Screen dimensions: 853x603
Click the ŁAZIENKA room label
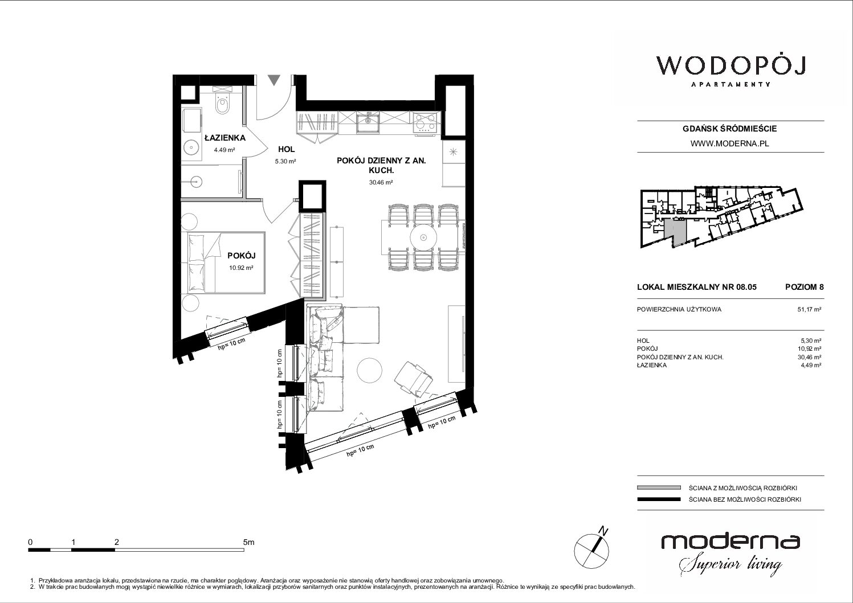coord(225,138)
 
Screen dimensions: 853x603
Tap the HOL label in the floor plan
coord(286,150)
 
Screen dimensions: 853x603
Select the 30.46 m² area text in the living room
coord(381,182)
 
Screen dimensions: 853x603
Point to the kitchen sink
coord(368,122)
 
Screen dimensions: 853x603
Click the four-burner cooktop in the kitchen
coord(425,122)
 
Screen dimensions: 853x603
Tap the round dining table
coord(423,238)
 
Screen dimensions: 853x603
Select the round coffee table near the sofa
coord(369,370)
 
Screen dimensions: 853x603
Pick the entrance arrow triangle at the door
coord(274,80)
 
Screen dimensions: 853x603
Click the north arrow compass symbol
coord(591,549)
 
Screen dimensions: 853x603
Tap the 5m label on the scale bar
coord(248,542)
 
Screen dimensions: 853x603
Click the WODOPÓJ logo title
coord(730,66)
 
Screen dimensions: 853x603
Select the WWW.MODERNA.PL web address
coord(729,143)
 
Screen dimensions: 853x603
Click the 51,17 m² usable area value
coord(809,309)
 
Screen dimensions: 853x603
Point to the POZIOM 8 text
coord(804,287)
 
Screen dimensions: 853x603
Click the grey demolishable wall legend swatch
coord(659,487)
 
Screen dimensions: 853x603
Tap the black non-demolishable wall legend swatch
coord(659,499)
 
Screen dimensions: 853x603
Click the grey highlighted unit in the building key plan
coord(675,233)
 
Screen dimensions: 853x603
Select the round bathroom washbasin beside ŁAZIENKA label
coord(189,146)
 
